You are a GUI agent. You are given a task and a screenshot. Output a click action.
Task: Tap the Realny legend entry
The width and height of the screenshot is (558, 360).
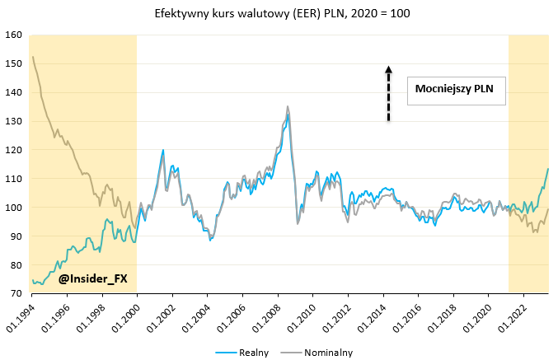click(244, 352)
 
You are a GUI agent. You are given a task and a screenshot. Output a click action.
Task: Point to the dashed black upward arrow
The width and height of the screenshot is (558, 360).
click(388, 94)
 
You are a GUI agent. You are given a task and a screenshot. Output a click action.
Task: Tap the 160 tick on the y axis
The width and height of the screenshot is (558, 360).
click(13, 35)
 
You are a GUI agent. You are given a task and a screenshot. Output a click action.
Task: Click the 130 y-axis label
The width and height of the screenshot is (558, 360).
click(13, 121)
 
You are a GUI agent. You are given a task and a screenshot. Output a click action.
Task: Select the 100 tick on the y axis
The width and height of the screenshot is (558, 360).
click(13, 208)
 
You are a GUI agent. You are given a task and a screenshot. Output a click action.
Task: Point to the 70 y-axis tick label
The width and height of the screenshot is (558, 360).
click(15, 294)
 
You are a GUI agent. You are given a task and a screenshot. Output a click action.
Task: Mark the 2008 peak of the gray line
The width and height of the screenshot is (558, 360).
click(287, 106)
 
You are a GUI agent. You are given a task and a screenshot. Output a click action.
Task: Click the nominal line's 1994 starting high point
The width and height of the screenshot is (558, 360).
click(32, 57)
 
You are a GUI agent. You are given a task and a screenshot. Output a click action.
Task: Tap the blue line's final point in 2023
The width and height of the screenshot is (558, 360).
click(548, 169)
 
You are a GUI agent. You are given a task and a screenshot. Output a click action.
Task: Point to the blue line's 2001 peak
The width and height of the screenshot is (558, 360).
click(163, 150)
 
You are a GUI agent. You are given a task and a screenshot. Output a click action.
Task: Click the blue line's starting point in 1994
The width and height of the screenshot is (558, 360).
click(32, 281)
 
